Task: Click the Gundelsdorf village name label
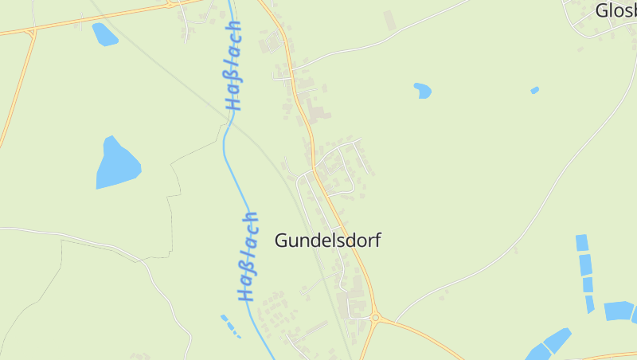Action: [327, 241]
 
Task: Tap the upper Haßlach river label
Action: [234, 65]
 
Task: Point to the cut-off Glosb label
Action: [616, 10]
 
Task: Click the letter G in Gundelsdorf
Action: [282, 241]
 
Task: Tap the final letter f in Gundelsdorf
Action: [377, 240]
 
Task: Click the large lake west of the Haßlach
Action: [116, 165]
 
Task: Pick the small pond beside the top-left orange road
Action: [104, 34]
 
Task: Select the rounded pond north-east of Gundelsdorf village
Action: [422, 91]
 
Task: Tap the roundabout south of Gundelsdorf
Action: [375, 319]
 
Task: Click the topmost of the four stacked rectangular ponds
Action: [582, 243]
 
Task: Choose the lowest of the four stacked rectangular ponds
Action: [590, 303]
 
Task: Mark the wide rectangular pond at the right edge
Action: [619, 311]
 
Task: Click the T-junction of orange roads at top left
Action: [31, 32]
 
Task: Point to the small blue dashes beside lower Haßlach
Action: [230, 325]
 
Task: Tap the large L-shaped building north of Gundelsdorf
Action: [317, 113]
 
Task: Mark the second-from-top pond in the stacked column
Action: [586, 264]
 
